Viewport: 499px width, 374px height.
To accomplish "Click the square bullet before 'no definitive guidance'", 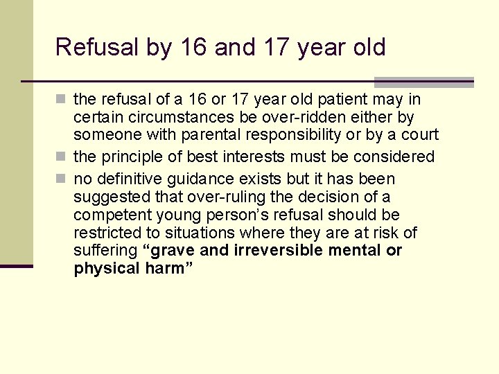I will (63, 179).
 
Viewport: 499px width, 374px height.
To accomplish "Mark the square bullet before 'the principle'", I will (63, 157).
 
